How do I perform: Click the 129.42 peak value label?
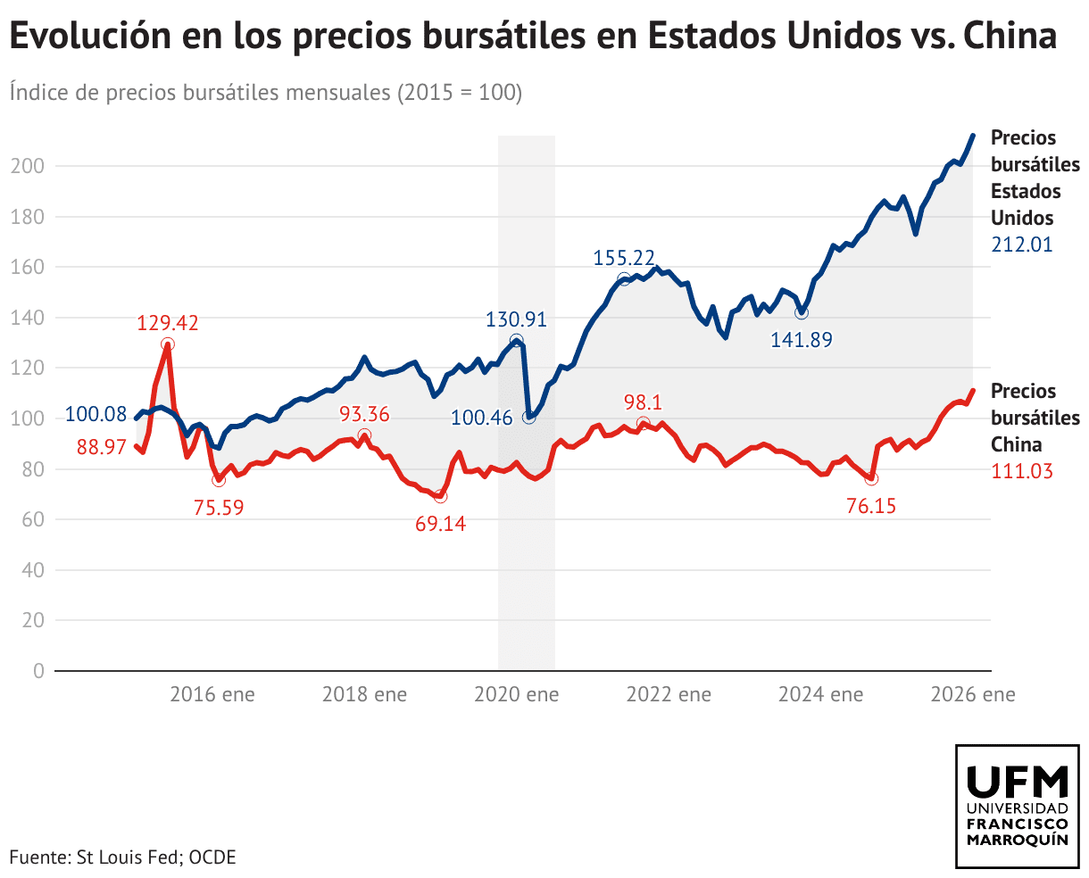[x=168, y=322]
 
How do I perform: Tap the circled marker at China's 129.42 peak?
[x=168, y=344]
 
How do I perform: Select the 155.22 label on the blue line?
[x=624, y=258]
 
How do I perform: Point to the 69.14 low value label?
[x=440, y=524]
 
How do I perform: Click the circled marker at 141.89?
[x=802, y=313]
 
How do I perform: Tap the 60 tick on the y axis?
[x=32, y=519]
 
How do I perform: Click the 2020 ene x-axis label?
[x=517, y=694]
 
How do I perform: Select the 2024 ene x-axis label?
[x=820, y=694]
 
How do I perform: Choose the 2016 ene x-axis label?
[x=212, y=694]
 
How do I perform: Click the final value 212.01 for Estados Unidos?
[x=1022, y=244]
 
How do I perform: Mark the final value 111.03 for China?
[x=1022, y=471]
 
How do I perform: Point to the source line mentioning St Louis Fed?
[x=123, y=857]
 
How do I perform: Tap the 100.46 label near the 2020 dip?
[x=482, y=418]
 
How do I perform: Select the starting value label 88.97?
[x=102, y=446]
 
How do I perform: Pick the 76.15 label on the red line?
[x=870, y=507]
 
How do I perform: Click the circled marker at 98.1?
[x=644, y=424]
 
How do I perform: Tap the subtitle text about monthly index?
[x=266, y=92]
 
